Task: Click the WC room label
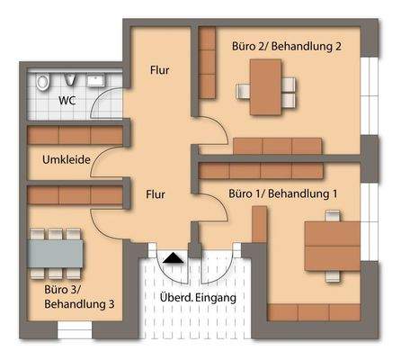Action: tap(67, 101)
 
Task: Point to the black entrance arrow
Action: tap(174, 258)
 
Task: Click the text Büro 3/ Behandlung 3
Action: tap(79, 297)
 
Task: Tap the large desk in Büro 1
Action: tap(330, 244)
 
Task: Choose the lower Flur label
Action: tap(159, 193)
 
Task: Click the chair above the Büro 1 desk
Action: tap(330, 214)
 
